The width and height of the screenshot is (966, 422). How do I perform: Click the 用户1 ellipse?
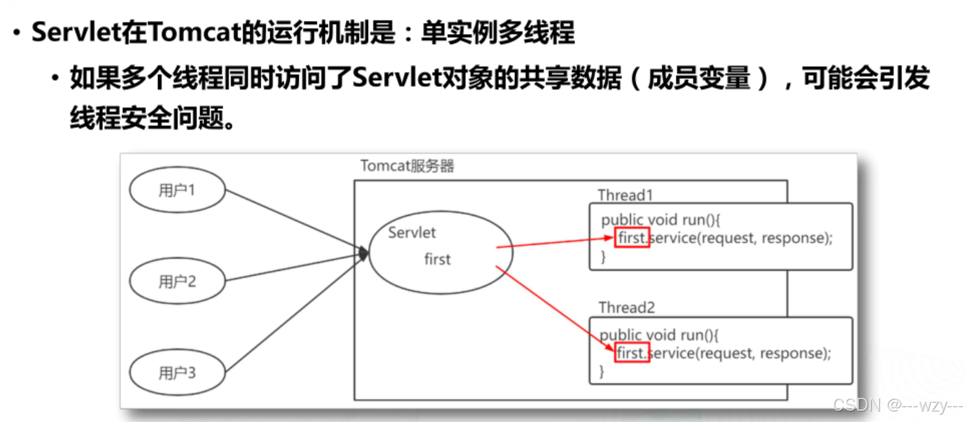(x=177, y=190)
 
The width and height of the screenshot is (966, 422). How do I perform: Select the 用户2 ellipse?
(x=177, y=281)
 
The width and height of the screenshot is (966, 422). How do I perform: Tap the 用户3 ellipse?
(x=177, y=372)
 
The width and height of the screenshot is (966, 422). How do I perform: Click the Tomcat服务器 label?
(x=407, y=166)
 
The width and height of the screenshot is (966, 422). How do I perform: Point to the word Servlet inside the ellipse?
(x=412, y=232)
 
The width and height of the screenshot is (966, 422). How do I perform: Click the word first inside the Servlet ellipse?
(x=437, y=259)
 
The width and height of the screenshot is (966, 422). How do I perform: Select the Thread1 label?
(x=626, y=195)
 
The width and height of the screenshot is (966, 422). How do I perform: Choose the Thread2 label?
(x=626, y=307)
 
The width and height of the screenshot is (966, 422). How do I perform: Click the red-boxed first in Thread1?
(x=631, y=237)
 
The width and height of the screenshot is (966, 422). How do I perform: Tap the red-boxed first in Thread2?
(x=631, y=353)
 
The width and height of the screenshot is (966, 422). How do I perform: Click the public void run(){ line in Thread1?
(x=659, y=220)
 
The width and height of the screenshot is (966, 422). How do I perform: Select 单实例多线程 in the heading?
(x=498, y=33)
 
